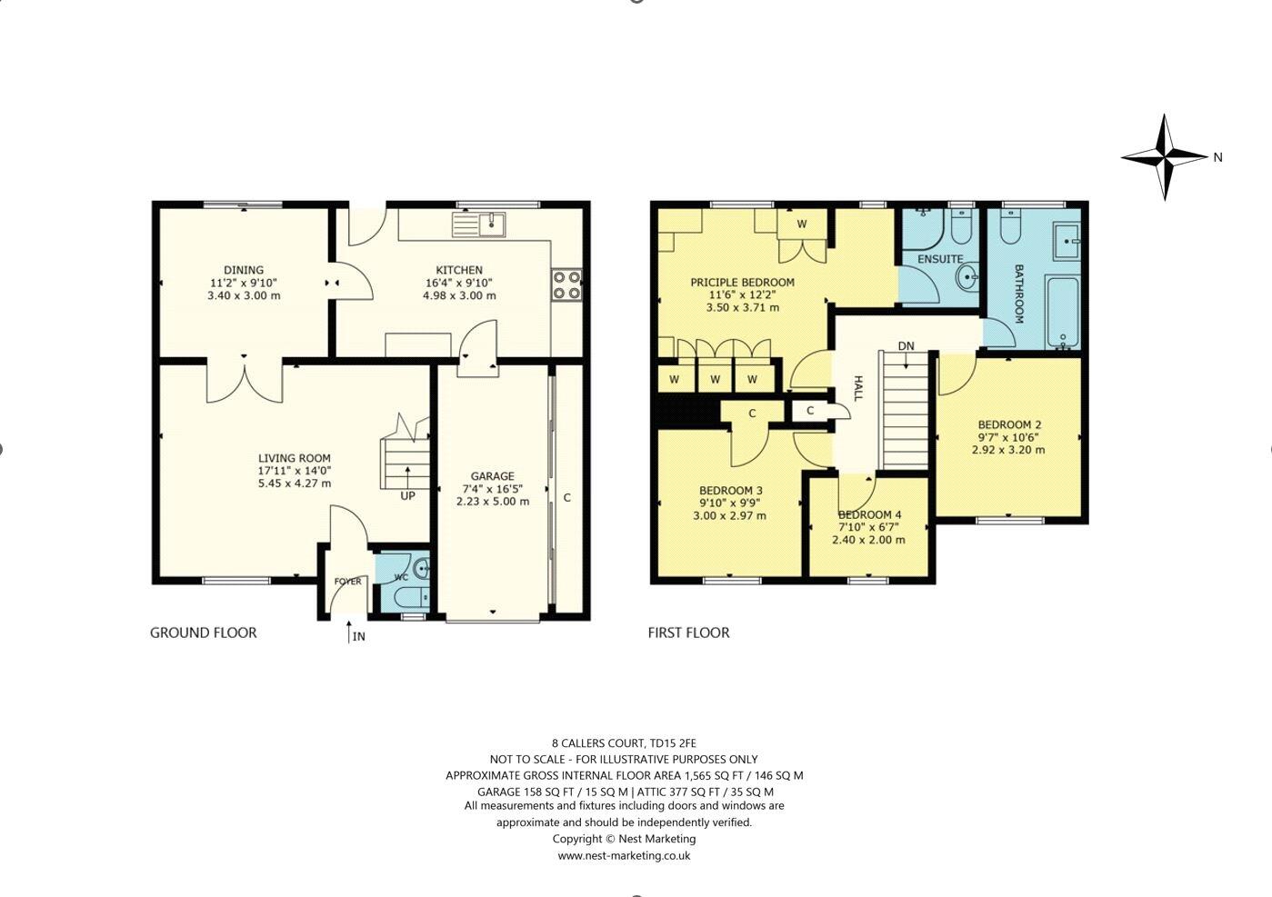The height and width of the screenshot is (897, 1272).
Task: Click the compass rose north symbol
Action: click(x=1165, y=157)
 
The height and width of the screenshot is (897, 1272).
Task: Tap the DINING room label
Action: click(x=244, y=270)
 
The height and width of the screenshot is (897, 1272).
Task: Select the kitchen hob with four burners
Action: click(x=566, y=285)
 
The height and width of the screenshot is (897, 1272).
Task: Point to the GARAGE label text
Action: click(x=492, y=476)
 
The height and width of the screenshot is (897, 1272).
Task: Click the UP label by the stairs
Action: click(x=407, y=496)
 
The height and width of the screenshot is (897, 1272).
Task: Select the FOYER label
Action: click(x=347, y=582)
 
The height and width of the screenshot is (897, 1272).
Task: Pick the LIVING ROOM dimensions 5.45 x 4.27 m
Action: click(x=294, y=483)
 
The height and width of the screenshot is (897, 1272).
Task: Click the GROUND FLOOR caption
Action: click(x=204, y=633)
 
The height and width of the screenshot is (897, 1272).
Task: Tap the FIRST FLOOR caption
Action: click(x=688, y=633)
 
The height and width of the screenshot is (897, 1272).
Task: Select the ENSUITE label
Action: click(x=939, y=259)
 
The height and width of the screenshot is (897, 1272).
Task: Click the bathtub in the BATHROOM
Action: click(x=1062, y=312)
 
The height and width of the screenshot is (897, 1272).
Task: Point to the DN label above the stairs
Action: click(x=906, y=346)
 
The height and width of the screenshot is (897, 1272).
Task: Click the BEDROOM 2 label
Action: click(x=1009, y=424)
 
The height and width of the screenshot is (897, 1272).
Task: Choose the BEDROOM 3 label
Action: click(x=730, y=491)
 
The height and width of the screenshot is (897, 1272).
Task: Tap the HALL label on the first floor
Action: click(x=857, y=388)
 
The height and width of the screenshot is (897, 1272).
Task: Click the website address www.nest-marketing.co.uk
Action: click(x=624, y=855)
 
